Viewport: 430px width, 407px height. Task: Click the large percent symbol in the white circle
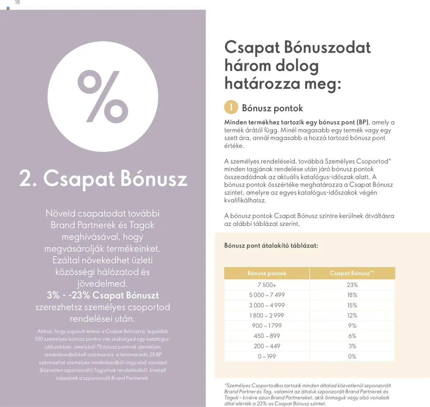click(x=103, y=97)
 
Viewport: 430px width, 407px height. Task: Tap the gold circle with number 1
click(x=231, y=107)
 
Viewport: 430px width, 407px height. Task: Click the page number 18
click(x=17, y=2)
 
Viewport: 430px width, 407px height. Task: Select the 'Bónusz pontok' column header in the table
click(x=267, y=273)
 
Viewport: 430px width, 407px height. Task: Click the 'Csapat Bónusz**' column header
click(x=352, y=273)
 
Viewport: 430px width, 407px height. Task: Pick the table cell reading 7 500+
click(x=267, y=285)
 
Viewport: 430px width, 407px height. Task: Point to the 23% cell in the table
click(x=352, y=285)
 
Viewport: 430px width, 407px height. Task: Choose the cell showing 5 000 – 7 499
click(x=267, y=295)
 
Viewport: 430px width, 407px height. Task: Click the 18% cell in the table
click(x=352, y=295)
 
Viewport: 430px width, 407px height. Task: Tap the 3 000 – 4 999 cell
click(x=267, y=305)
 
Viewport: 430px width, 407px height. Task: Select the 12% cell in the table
click(x=352, y=316)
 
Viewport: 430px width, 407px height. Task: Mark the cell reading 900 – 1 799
click(x=267, y=326)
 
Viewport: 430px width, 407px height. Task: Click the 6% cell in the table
click(x=352, y=336)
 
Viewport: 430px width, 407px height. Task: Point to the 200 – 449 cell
click(x=267, y=346)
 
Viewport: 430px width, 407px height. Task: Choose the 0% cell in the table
click(x=352, y=356)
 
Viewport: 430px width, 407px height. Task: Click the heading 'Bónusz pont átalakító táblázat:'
click(x=271, y=245)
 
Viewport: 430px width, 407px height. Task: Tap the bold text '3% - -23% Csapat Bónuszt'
click(x=103, y=295)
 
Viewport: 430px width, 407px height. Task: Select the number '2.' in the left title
click(x=28, y=178)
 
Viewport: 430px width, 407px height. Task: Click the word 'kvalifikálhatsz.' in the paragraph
click(x=245, y=200)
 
